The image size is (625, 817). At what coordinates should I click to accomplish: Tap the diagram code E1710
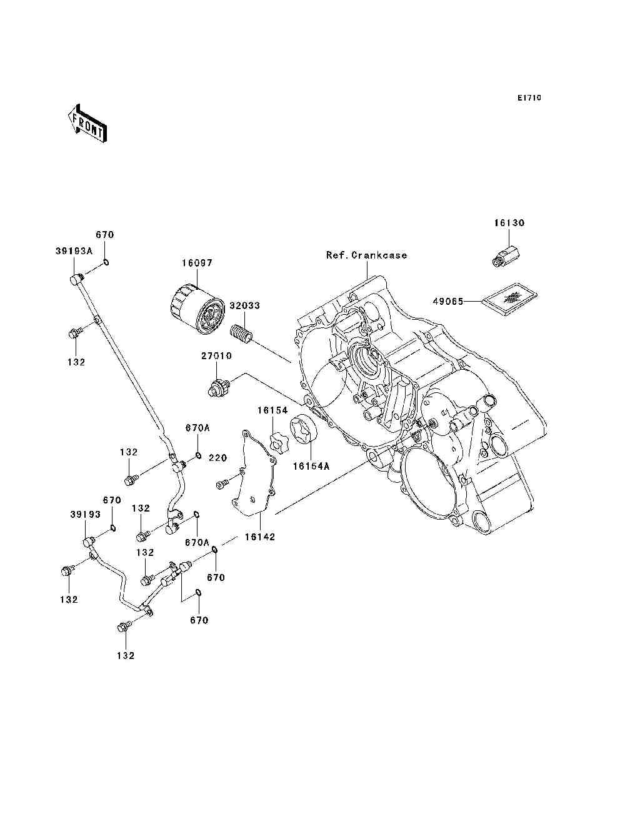point(529,98)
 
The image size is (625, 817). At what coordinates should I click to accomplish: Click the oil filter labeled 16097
point(198,309)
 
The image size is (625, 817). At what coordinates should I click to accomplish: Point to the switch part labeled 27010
point(219,387)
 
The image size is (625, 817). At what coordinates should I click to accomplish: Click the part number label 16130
point(509,223)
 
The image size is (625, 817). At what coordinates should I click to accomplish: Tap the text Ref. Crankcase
point(366,255)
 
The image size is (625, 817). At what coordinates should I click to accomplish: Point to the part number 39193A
point(74,251)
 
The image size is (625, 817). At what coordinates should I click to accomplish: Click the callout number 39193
point(85,515)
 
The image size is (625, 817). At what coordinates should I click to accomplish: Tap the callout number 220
point(217,458)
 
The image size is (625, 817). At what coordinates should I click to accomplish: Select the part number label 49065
point(448,302)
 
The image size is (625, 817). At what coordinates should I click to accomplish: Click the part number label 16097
point(197,263)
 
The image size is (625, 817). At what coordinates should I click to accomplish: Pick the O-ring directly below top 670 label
point(106,262)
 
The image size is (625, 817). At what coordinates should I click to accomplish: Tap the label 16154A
point(311,466)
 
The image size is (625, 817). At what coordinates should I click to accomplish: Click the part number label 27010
point(216,356)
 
